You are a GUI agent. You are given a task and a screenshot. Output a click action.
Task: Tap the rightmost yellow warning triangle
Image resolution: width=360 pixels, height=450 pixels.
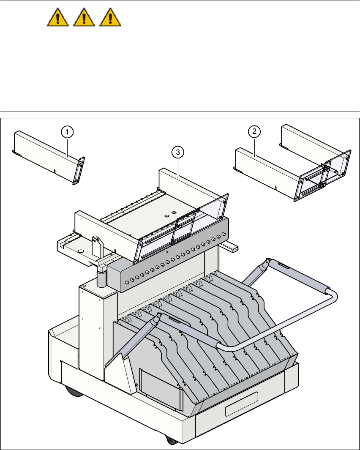pos(110,19)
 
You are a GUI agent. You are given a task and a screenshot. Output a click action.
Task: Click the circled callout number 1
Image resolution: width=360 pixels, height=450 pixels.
pos(68,132)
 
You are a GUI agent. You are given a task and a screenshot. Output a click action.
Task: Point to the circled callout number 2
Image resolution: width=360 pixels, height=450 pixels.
pos(254,132)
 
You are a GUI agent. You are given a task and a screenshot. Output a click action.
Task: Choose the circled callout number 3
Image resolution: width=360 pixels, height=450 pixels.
pos(179,151)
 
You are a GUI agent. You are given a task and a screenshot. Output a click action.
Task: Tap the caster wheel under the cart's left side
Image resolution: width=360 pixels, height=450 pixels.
pos(74,391)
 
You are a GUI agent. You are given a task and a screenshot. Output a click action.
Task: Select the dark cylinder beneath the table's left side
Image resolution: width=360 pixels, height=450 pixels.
pos(102,278)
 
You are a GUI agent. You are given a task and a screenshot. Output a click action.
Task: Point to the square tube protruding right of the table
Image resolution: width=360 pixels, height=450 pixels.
pos(232,248)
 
